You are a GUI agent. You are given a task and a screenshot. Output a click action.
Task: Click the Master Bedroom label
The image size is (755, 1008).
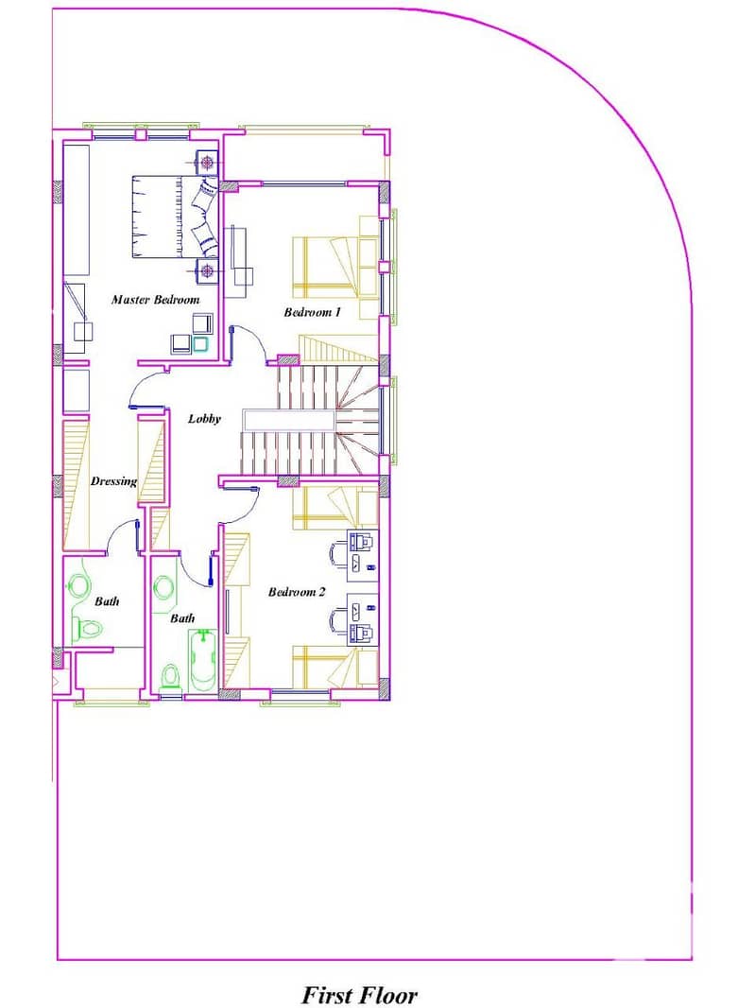(156, 300)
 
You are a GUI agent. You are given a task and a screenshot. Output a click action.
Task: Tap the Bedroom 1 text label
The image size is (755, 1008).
(312, 312)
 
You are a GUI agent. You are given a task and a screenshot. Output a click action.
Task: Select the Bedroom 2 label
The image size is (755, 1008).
(297, 592)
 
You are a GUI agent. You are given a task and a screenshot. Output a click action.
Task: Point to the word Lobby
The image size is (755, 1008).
(204, 419)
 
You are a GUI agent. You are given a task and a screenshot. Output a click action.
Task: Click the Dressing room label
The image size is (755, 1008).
(113, 481)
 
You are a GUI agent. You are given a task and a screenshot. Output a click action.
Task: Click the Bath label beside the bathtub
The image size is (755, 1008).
(182, 618)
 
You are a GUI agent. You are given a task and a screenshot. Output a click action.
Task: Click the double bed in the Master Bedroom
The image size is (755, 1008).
(175, 217)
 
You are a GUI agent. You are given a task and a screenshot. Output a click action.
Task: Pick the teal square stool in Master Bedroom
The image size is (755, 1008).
(200, 344)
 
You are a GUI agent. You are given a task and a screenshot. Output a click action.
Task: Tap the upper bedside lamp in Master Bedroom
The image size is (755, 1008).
(207, 163)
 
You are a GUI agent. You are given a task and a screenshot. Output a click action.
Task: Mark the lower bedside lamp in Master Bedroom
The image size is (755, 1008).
(207, 270)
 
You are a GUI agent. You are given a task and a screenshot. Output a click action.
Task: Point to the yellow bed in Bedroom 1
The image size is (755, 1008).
(324, 267)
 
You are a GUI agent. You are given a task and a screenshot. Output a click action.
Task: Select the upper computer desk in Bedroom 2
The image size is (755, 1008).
(363, 551)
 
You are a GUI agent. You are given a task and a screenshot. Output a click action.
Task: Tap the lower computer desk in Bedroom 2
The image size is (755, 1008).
(363, 619)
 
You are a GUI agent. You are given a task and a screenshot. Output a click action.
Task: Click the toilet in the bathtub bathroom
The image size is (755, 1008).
(170, 677)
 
